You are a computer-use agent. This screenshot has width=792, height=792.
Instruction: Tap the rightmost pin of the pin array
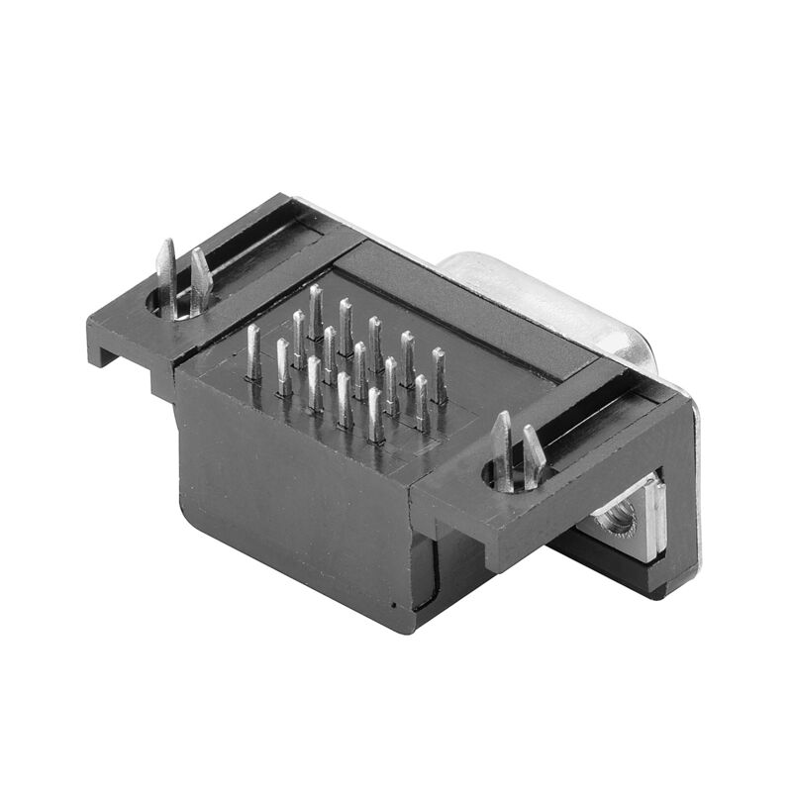439,374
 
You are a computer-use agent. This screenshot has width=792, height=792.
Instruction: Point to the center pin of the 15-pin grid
360,368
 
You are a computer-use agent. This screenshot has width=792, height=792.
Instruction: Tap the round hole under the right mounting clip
505,475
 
